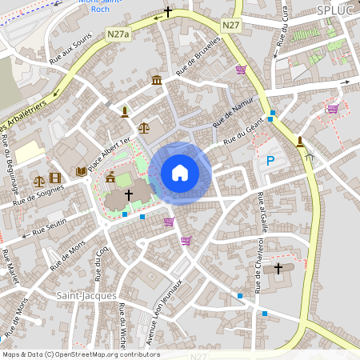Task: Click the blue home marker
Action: pos(180,173)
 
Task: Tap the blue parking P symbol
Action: pos(270,162)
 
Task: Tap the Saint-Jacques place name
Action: pos(81,295)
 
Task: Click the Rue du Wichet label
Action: pos(122,324)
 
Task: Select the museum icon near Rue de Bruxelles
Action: pos(156,80)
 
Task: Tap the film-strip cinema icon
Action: pos(54,178)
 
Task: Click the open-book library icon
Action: pos(81,171)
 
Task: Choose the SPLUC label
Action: pos(334,10)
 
